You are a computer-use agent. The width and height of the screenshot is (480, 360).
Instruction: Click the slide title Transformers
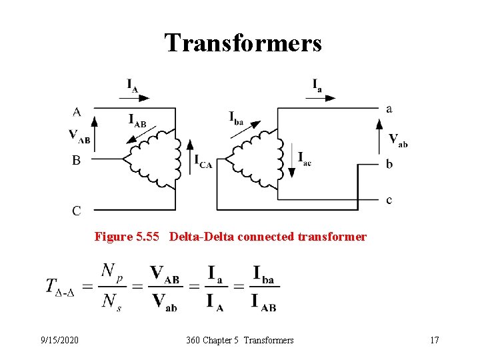(x=243, y=43)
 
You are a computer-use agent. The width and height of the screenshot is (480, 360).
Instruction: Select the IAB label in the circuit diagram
(x=137, y=120)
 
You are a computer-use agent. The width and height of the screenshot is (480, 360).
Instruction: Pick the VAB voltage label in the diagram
(x=79, y=136)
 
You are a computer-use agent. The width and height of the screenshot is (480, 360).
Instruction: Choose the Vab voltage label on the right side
(x=398, y=140)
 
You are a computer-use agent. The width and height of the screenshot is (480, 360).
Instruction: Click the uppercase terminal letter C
(x=77, y=211)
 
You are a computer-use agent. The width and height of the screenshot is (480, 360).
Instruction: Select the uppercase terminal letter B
(x=77, y=160)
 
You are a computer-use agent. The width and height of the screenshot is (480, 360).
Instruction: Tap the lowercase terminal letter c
(x=389, y=199)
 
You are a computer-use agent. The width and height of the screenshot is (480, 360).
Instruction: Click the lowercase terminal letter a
(x=389, y=108)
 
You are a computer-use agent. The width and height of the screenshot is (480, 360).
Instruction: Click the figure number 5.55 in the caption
(x=149, y=237)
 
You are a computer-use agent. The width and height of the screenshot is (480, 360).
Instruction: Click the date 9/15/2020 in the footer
(x=59, y=341)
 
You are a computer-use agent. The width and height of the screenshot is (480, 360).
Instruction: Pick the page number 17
(x=434, y=341)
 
